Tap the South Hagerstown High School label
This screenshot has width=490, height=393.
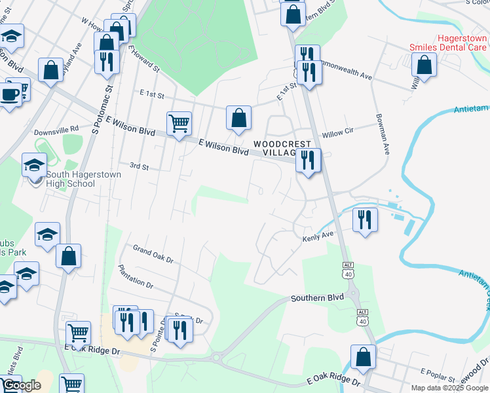[70, 179]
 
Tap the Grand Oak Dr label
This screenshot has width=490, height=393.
[153, 254]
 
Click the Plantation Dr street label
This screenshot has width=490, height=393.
[136, 276]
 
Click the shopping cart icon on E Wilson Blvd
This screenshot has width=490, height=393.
[179, 122]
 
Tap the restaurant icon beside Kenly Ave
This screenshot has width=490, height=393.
[365, 219]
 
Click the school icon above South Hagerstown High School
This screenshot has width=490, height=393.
[34, 165]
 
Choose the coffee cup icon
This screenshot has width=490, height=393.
[9, 94]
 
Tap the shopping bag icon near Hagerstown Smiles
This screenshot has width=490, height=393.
[424, 65]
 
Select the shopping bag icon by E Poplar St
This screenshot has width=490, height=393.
[363, 357]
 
